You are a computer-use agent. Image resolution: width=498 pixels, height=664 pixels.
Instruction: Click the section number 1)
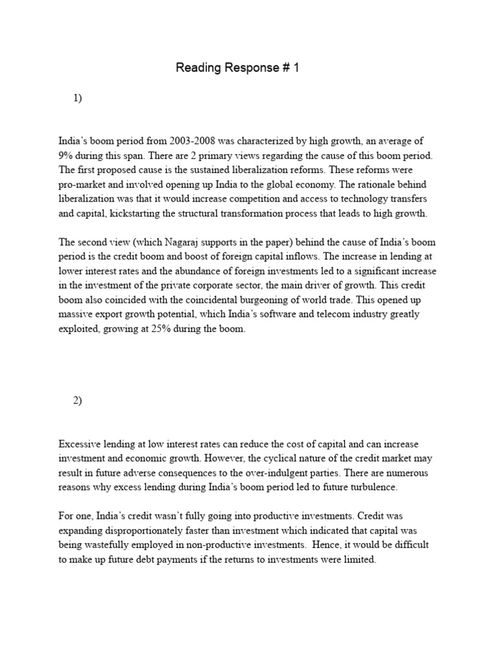(78, 99)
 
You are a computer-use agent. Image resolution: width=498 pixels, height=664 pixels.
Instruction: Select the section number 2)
(78, 400)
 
